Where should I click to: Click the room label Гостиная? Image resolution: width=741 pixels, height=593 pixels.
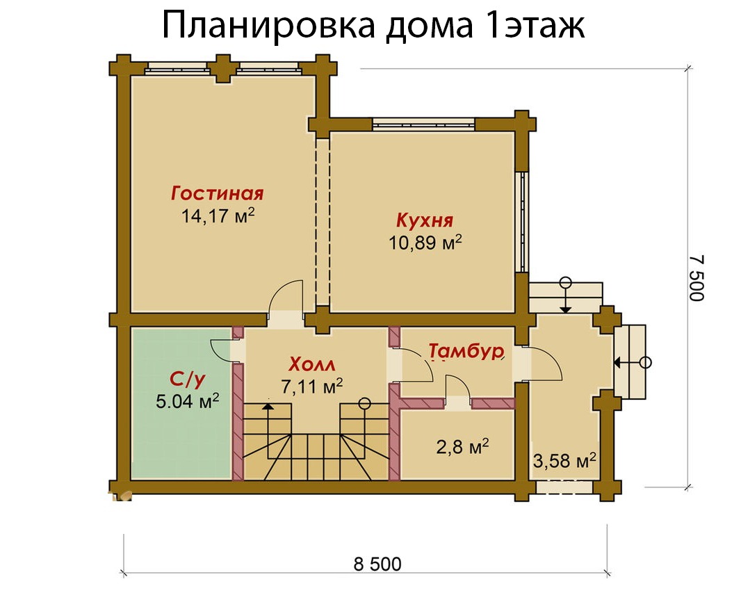[x=217, y=194]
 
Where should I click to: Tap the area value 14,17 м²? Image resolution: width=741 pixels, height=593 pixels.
[x=218, y=216]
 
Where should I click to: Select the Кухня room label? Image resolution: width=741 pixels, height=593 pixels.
[x=425, y=220]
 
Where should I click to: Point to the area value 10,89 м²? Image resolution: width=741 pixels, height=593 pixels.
[x=425, y=243]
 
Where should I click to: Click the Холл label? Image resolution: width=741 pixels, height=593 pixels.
[x=312, y=364]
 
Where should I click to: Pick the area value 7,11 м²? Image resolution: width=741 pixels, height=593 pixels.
[x=312, y=386]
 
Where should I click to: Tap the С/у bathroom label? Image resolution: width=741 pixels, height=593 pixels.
[x=188, y=379]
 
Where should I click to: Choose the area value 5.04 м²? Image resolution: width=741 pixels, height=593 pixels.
[x=187, y=401]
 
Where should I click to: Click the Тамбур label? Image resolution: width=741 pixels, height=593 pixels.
[x=466, y=351]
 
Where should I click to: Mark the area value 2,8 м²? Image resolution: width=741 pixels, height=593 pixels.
[x=462, y=446]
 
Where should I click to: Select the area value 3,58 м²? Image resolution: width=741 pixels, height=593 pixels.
[x=564, y=460]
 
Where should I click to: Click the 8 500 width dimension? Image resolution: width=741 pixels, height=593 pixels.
[x=377, y=564]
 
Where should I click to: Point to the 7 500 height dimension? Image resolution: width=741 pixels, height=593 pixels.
[x=697, y=278]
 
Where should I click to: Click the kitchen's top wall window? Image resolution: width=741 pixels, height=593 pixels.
[x=423, y=124]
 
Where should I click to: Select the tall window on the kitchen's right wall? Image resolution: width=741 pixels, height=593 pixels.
[x=522, y=221]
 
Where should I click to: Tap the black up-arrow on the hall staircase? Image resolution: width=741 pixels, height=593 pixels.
[x=268, y=405]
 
